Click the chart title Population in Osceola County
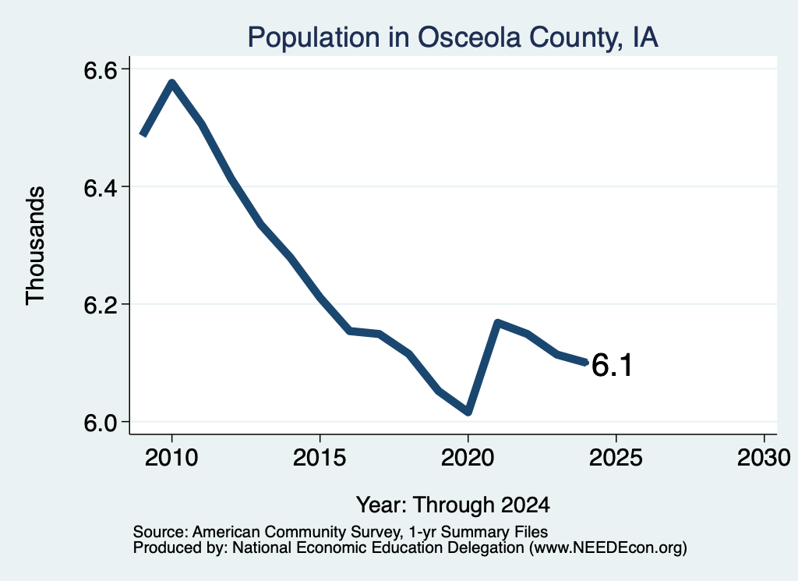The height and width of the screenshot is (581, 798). [x=453, y=37]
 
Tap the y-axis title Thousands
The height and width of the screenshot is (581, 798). [x=36, y=246]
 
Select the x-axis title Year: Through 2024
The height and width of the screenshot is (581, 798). [x=453, y=505]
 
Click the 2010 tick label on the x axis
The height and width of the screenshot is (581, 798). [x=171, y=457]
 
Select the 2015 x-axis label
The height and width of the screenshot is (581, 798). [x=320, y=457]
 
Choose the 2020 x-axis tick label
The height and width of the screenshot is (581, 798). [x=468, y=457]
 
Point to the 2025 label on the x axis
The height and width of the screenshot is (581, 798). [x=616, y=457]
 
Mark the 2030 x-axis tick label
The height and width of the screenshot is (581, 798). [x=764, y=457]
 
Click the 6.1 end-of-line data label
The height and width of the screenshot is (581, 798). [x=612, y=365]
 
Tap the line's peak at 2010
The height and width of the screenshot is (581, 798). [x=172, y=83]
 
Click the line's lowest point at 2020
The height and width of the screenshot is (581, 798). [x=468, y=412]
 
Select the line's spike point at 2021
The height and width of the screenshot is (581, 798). [x=498, y=322]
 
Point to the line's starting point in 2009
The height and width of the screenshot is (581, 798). [x=143, y=135]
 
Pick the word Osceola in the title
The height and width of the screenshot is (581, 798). [x=469, y=37]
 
